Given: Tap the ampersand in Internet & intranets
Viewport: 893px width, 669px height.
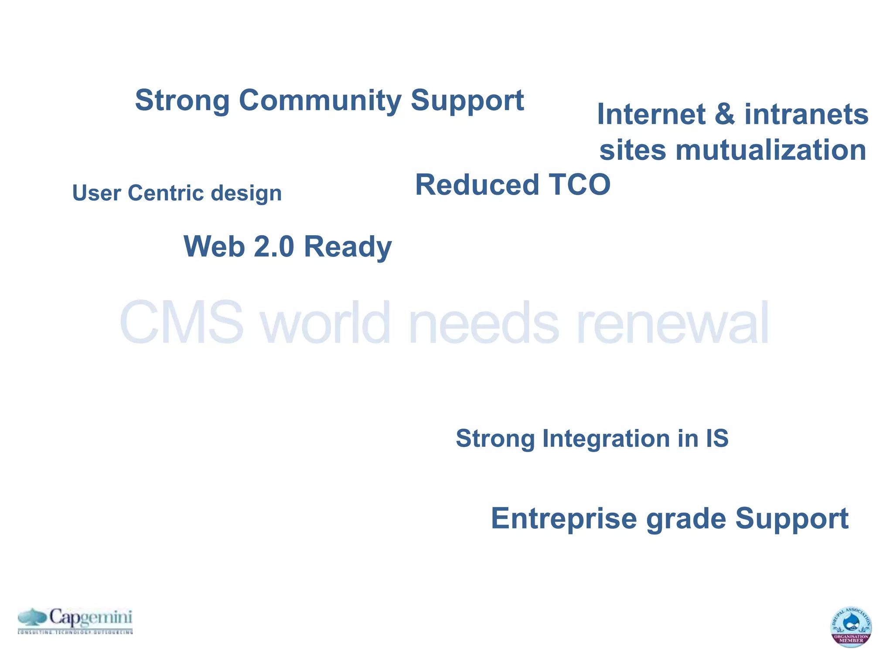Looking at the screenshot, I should [724, 115].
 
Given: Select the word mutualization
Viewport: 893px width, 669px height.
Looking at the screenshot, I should [770, 150].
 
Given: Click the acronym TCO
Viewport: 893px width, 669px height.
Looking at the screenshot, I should [579, 185].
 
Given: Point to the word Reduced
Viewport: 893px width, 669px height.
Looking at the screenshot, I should [477, 185].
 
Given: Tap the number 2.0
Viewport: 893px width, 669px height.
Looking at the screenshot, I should [274, 247].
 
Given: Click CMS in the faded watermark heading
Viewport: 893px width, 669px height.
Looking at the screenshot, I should [181, 323].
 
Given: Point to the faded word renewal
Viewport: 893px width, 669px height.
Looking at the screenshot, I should [672, 323].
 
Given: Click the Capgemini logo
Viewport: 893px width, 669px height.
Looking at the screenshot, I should [75, 620].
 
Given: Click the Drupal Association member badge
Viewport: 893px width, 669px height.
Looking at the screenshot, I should [850, 627].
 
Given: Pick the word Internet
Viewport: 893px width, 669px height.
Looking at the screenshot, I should [651, 115].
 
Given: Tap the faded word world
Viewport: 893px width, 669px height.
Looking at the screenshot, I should [325, 323].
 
